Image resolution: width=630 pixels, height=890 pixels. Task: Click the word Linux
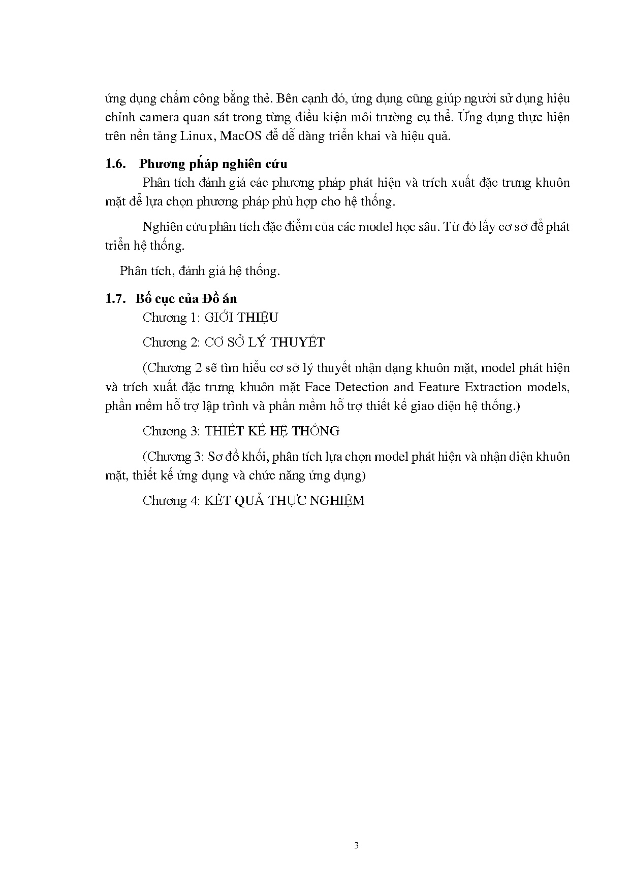pyautogui.click(x=198, y=136)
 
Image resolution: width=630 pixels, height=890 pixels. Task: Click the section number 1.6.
pyautogui.click(x=115, y=163)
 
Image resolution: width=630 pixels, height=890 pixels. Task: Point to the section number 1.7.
pyautogui.click(x=115, y=298)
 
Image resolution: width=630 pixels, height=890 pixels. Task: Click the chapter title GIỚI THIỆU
pyautogui.click(x=241, y=318)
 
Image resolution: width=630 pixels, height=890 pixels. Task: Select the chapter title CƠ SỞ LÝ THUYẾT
pyautogui.click(x=264, y=343)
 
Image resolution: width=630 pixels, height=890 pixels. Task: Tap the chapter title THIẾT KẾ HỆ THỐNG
pyautogui.click(x=272, y=431)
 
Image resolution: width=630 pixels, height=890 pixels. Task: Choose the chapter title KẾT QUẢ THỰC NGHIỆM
pyautogui.click(x=285, y=501)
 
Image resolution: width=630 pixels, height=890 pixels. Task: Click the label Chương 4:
pyautogui.click(x=172, y=501)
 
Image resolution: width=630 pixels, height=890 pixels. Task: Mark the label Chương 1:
pyautogui.click(x=172, y=318)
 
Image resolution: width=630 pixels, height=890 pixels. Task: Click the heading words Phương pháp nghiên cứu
pyautogui.click(x=213, y=163)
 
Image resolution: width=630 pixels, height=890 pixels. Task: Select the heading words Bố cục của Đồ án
pyautogui.click(x=186, y=298)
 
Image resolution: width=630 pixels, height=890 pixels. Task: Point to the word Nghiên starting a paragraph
pyautogui.click(x=163, y=227)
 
